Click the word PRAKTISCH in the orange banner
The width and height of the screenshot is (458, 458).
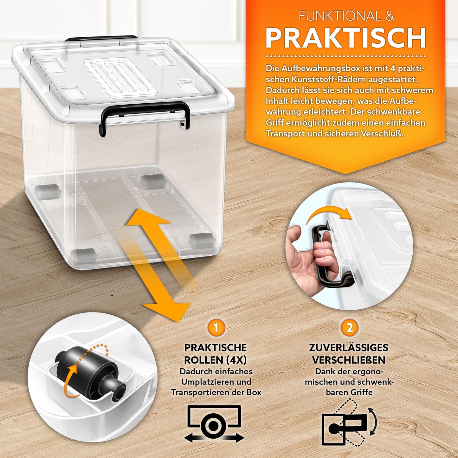tap(345, 38)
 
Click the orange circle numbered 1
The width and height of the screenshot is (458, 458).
tap(216, 328)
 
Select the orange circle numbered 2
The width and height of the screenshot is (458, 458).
tap(349, 328)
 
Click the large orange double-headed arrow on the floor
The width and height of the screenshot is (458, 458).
tap(158, 263)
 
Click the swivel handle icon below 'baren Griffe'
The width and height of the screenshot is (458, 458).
tap(349, 425)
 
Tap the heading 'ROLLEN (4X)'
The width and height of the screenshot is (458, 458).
tap(216, 360)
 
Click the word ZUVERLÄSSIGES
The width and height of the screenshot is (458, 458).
tap(349, 348)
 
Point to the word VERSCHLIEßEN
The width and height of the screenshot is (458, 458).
tap(349, 360)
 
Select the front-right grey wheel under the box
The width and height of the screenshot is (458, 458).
tap(202, 240)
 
